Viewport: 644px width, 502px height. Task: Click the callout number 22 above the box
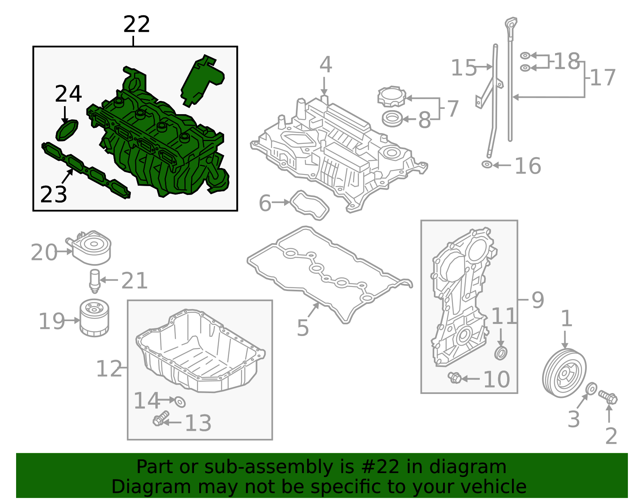(x=136, y=25)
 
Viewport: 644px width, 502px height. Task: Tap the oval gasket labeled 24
(x=67, y=130)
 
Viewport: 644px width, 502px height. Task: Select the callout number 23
(x=54, y=195)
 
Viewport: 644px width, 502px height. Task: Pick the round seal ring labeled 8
(x=392, y=119)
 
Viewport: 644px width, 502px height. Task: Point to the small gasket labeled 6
(x=310, y=205)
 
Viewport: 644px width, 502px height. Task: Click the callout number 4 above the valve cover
(x=326, y=65)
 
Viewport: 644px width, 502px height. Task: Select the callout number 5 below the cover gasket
(x=303, y=328)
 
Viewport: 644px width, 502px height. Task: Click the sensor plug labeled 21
(x=94, y=280)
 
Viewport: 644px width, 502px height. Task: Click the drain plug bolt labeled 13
(x=159, y=420)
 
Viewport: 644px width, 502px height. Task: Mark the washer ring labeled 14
(x=180, y=401)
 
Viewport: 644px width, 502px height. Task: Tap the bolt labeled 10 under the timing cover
(x=455, y=377)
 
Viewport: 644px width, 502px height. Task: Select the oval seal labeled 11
(x=501, y=352)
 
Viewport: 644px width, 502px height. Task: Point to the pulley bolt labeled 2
(x=608, y=398)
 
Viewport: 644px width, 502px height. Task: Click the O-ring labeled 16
(x=487, y=164)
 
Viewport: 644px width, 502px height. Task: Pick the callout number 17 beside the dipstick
(x=603, y=78)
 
